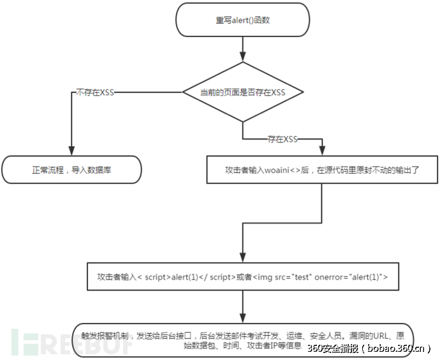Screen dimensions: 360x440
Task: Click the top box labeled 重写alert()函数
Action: click(243, 20)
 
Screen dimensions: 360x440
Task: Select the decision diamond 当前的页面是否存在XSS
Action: click(242, 93)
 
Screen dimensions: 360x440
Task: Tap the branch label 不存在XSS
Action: click(95, 93)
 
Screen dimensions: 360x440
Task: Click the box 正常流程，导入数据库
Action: click(71, 170)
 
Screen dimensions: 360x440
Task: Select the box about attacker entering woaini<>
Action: click(321, 170)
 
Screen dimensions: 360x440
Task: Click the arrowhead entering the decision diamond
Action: click(242, 57)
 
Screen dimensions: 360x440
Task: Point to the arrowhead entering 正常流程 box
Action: click(71, 151)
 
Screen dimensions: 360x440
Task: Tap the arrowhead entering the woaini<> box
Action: click(321, 151)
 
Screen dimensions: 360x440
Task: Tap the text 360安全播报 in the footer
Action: click(332, 349)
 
